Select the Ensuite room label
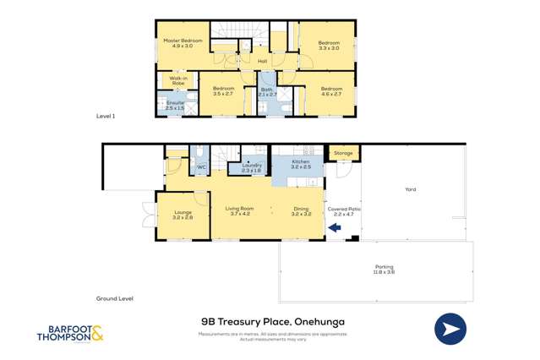pos(175,105)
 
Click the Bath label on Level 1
pos(266,91)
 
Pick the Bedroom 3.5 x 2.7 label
pos(223,90)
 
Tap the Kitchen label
pos(302,164)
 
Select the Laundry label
pos(252,168)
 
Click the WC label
pos(201,167)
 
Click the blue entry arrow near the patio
pos(335,226)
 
